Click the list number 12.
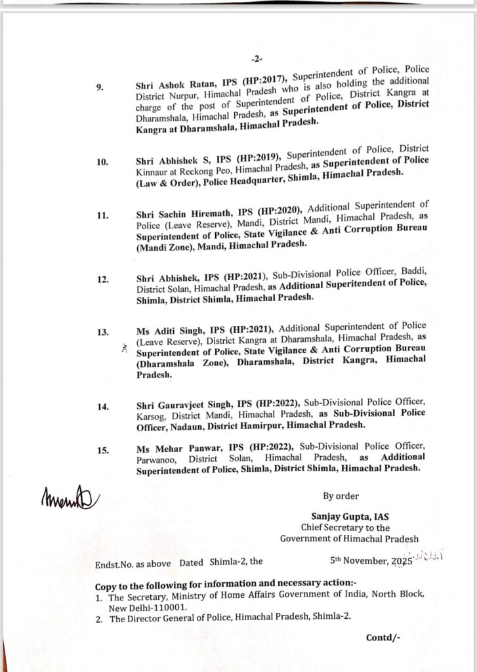(x=102, y=280)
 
